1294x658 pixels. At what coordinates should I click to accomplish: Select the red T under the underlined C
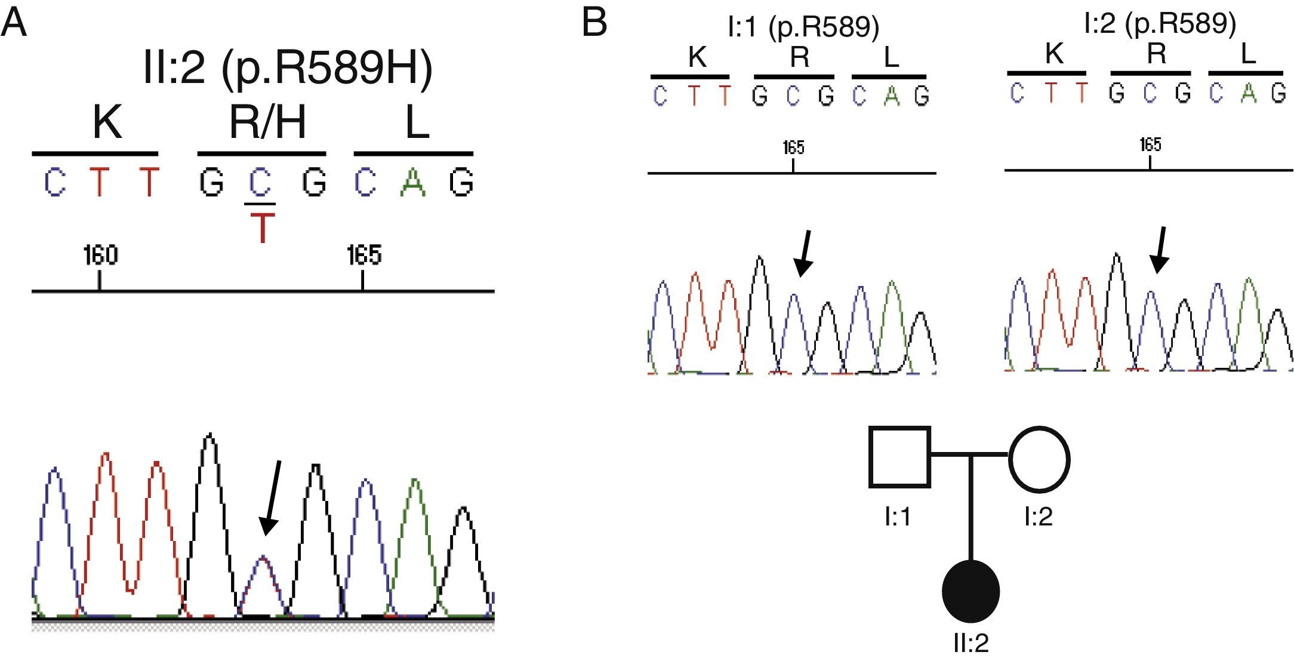pos(262,227)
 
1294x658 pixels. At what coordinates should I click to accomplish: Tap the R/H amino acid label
pos(267,122)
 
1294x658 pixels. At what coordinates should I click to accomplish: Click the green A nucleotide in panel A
pos(413,183)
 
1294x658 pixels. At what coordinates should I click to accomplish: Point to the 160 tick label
pos(100,256)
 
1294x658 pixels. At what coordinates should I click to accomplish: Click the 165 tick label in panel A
pos(363,256)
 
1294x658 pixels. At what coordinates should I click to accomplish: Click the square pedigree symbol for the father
pos(899,457)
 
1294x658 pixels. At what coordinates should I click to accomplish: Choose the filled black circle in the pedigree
pos(970,591)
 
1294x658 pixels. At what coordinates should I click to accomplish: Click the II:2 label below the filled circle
pos(970,643)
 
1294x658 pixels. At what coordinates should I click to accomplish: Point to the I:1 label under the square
pos(898,516)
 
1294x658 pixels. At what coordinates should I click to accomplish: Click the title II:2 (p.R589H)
pos(288,69)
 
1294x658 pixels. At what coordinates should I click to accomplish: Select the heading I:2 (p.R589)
pos(1160,24)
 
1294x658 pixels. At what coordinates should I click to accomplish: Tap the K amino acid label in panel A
pos(107,122)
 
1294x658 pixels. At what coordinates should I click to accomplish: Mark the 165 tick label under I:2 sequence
pos(1150,144)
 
